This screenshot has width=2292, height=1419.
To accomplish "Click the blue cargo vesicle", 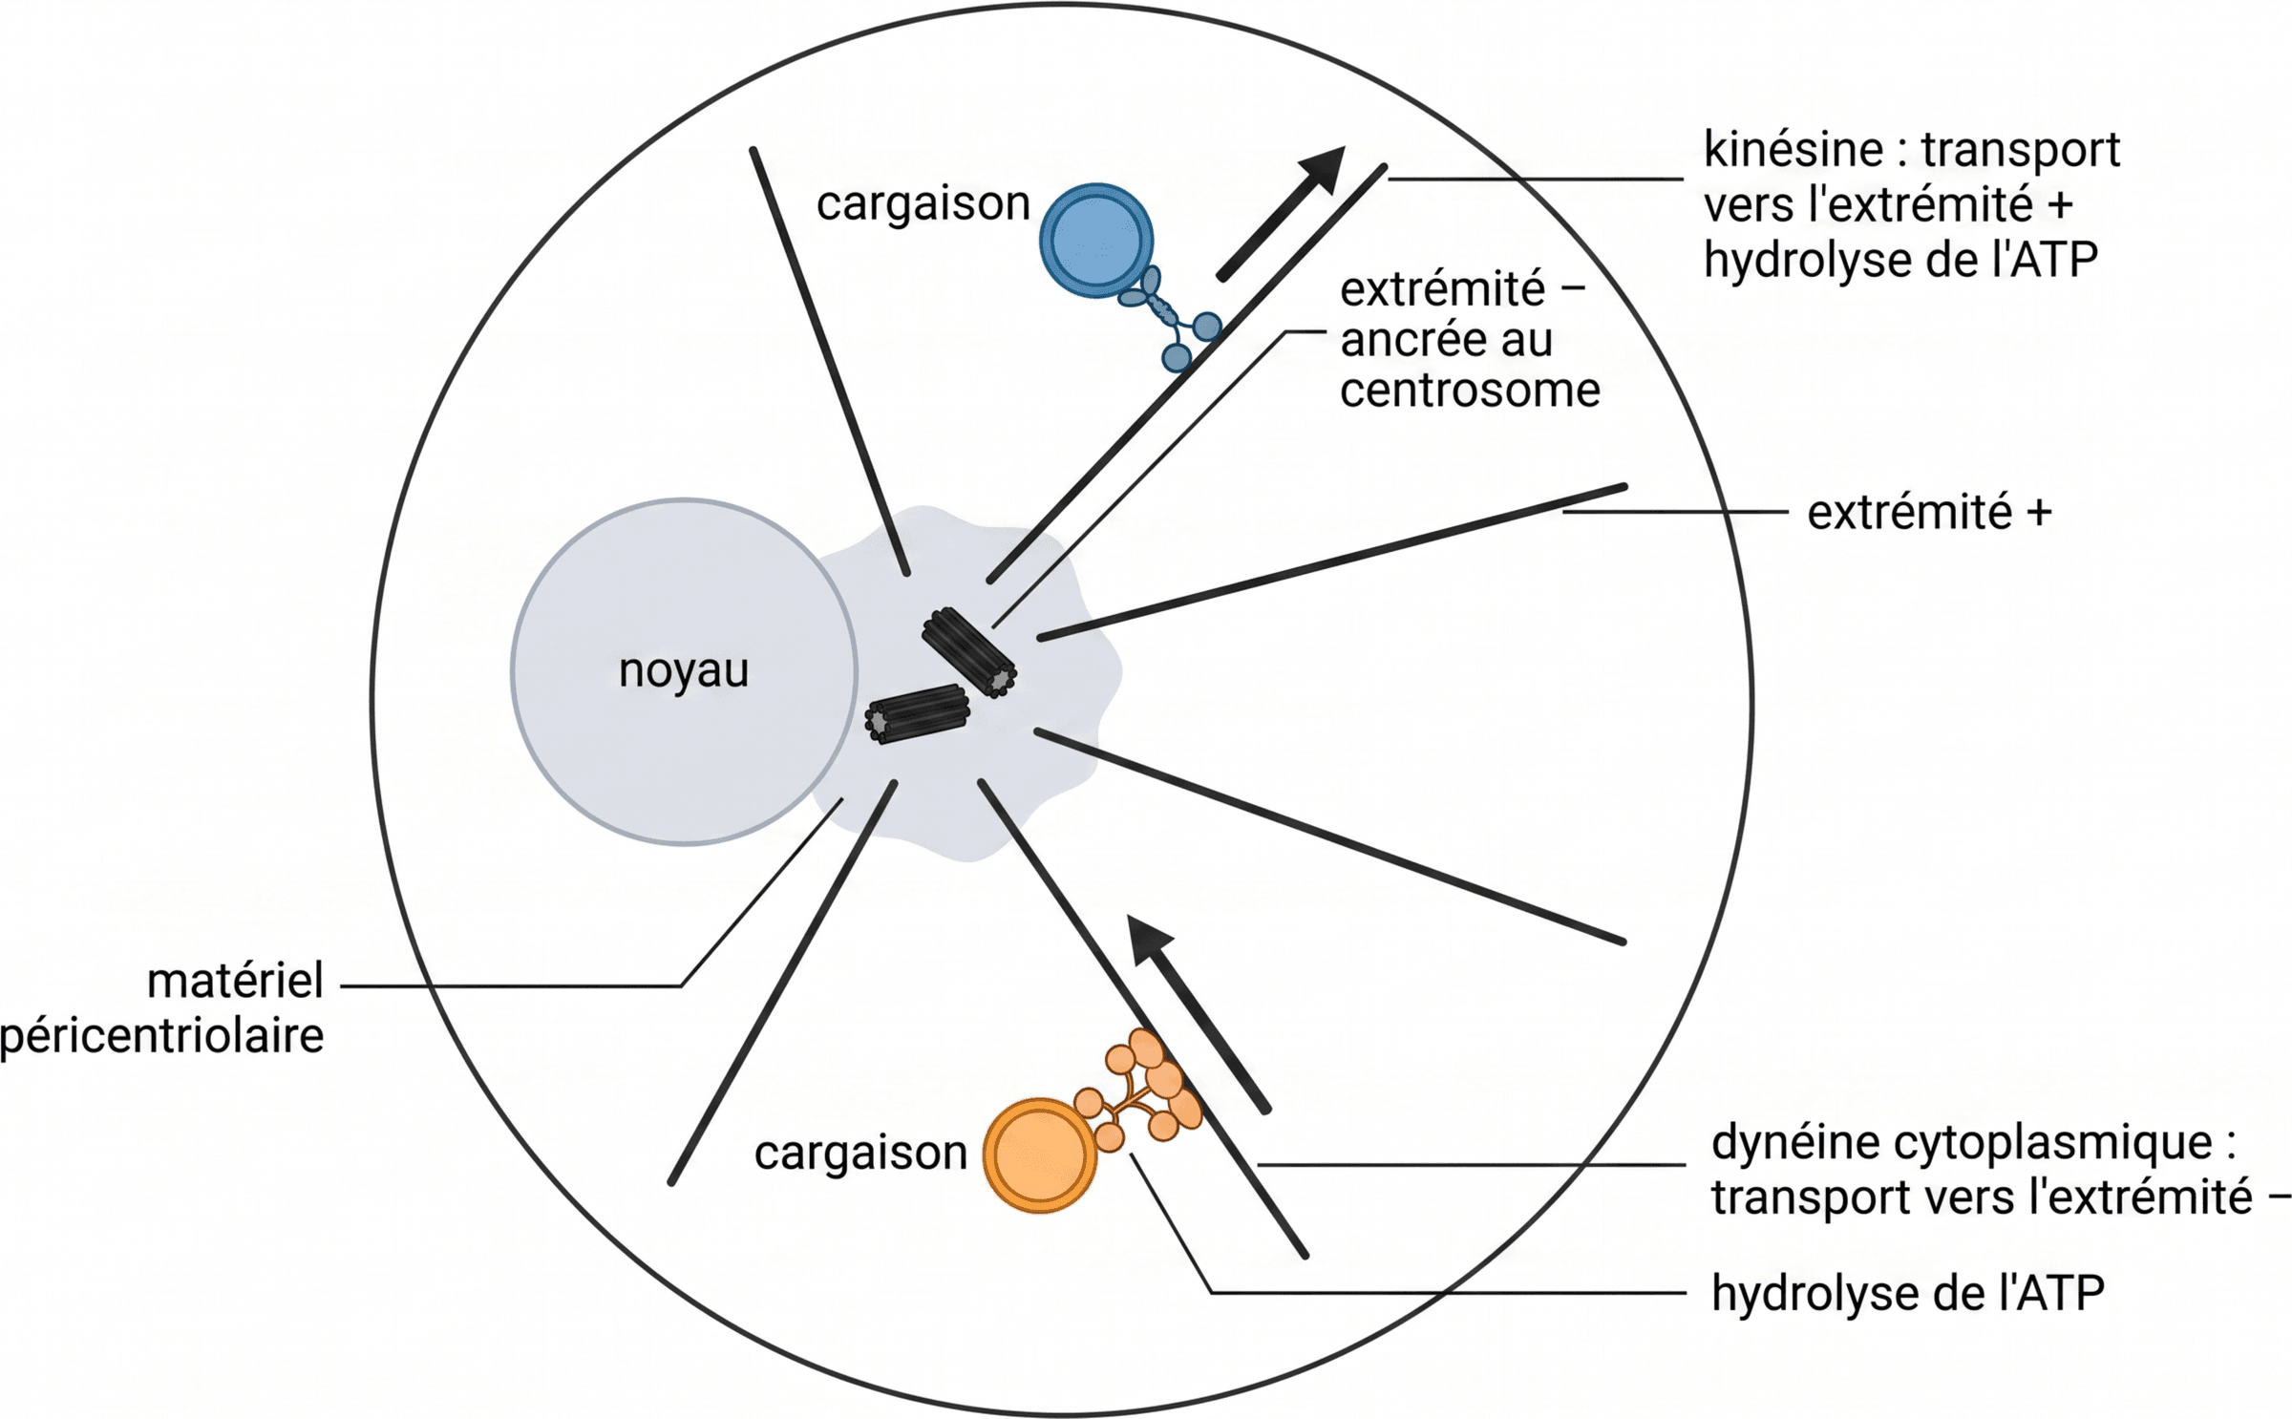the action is [x=1096, y=241].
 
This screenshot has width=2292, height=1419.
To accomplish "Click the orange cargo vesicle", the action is [x=1040, y=1155].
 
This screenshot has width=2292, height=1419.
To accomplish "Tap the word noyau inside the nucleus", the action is [x=684, y=670].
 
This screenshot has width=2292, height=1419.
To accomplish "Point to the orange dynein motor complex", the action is [x=1142, y=1089].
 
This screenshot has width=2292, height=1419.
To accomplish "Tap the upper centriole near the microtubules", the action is [x=968, y=652].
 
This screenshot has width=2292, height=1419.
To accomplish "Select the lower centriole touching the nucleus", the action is [x=917, y=713].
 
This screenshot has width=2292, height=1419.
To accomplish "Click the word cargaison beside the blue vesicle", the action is [x=923, y=203].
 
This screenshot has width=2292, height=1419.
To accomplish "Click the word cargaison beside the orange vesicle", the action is [x=860, y=1153].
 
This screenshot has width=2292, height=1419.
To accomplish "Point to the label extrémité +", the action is [x=1929, y=513].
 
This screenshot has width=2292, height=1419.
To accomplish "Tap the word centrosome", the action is [x=1470, y=390].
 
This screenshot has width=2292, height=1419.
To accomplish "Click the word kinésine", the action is [x=1793, y=150].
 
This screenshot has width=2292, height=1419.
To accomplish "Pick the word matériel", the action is [x=235, y=982].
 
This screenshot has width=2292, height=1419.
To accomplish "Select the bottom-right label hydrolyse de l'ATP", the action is [x=1907, y=1294].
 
